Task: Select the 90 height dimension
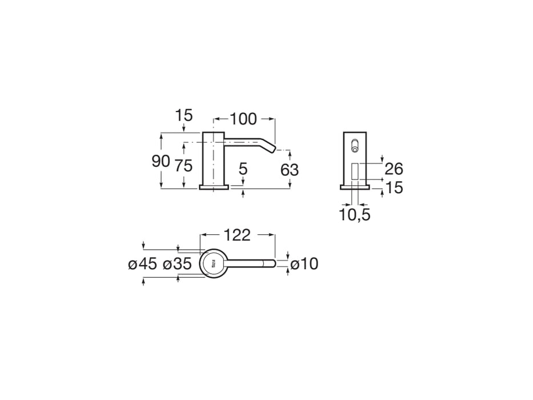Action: [161, 161]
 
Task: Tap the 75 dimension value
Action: [183, 166]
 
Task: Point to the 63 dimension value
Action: [290, 170]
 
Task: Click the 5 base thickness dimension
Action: [243, 169]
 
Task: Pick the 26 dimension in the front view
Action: [394, 169]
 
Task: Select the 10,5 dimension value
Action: [355, 215]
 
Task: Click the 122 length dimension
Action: [237, 235]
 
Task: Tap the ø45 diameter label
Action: [143, 264]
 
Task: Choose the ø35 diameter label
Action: [177, 264]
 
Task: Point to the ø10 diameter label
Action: [304, 264]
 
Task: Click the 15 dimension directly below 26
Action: [394, 187]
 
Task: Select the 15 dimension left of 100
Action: [183, 115]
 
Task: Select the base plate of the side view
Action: [214, 186]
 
